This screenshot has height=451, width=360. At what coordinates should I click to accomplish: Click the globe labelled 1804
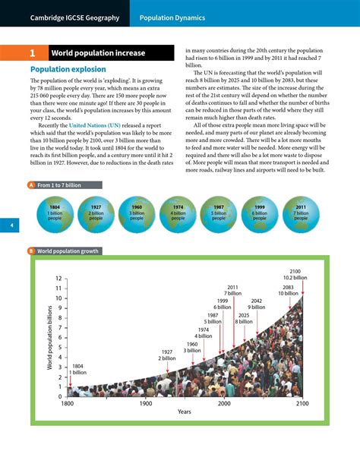(x=55, y=213)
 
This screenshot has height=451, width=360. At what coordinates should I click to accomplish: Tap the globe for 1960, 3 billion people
(x=137, y=213)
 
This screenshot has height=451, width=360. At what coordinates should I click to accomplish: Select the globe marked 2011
(x=301, y=213)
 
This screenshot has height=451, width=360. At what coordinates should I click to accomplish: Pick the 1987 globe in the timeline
(x=219, y=213)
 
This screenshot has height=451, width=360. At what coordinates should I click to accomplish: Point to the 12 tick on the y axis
(x=58, y=279)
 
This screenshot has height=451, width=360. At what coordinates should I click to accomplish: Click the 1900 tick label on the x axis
(x=146, y=404)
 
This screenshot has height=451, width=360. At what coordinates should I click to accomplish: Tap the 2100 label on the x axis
(x=302, y=404)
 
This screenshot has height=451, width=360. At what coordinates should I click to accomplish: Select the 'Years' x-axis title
(x=185, y=412)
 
